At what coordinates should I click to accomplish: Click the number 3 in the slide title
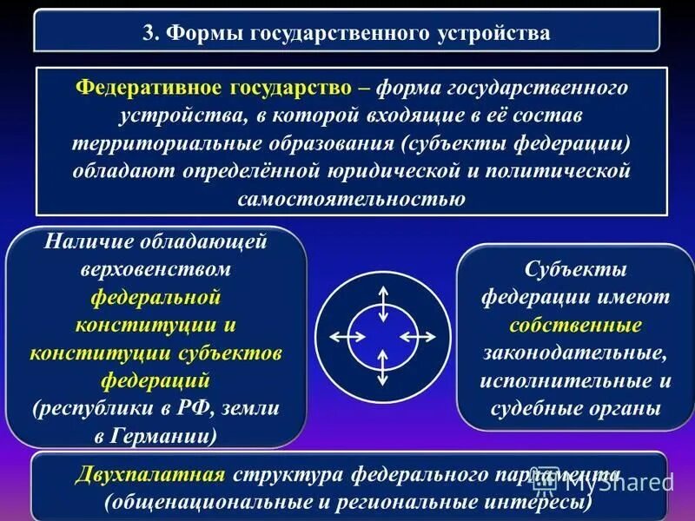(148, 34)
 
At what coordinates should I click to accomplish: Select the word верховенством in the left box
(156, 270)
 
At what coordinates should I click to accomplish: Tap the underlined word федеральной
(156, 298)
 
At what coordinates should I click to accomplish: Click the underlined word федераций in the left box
(156, 379)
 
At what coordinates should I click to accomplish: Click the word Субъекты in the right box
(575, 270)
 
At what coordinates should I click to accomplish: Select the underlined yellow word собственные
(575, 326)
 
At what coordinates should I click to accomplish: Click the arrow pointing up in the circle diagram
(381, 300)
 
